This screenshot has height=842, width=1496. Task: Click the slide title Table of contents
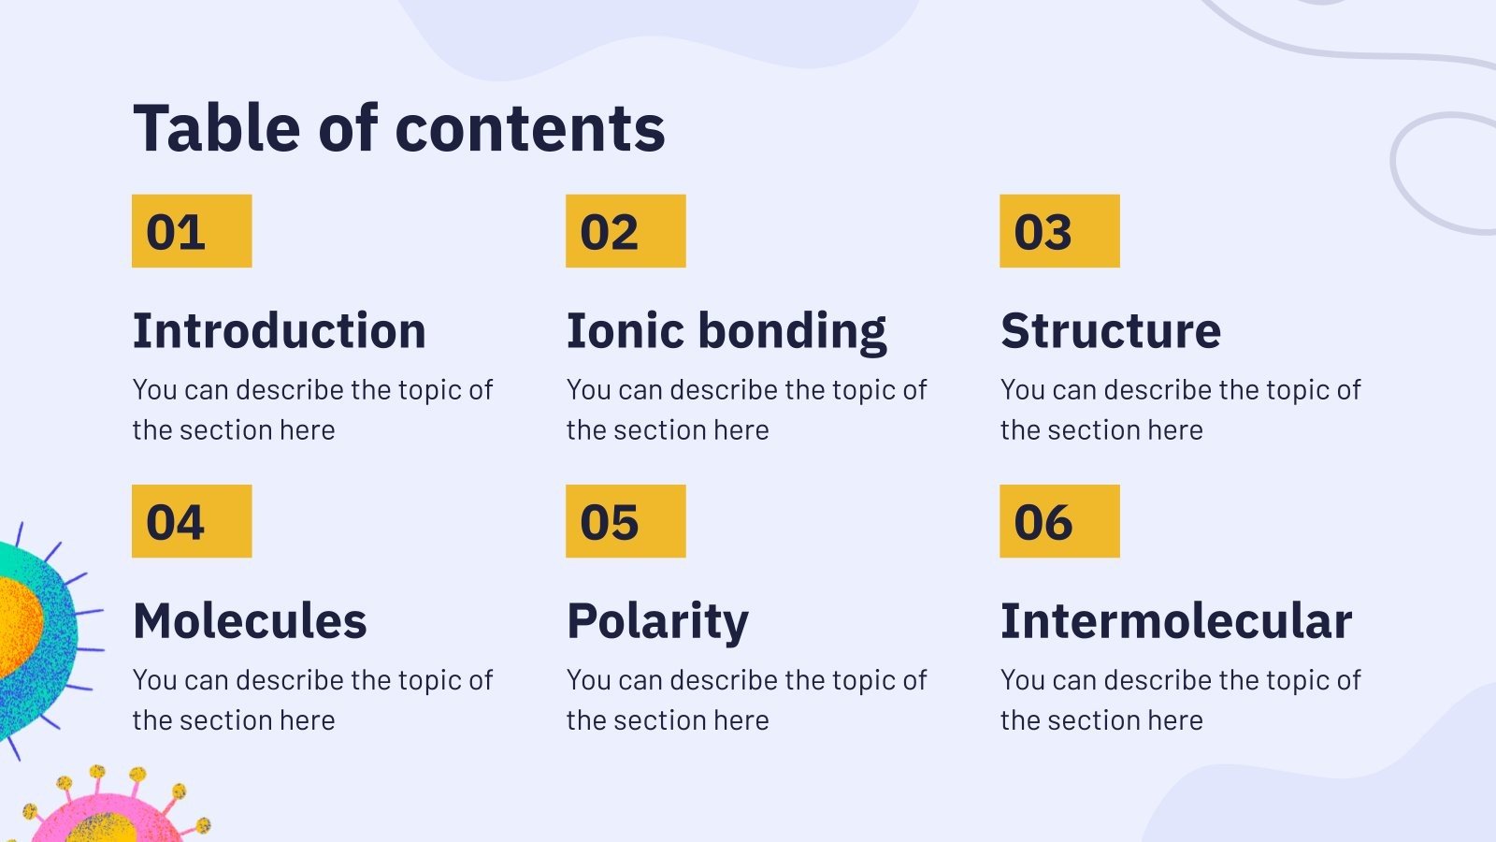point(399,128)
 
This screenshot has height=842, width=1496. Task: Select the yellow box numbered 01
point(192,231)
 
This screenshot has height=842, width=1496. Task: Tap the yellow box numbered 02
point(626,231)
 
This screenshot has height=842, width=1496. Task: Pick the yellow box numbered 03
point(1059,231)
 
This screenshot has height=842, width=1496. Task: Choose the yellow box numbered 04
point(192,521)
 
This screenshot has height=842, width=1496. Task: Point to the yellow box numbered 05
point(626,521)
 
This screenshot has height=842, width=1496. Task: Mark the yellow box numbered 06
point(1059,521)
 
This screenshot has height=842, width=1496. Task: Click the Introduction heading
point(280,331)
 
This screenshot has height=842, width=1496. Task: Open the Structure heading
point(1111,331)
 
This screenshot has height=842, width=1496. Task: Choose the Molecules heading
point(250,621)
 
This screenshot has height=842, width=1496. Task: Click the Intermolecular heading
point(1176,621)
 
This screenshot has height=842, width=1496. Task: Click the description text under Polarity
point(746,700)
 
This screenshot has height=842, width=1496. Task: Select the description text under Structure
point(1180,410)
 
